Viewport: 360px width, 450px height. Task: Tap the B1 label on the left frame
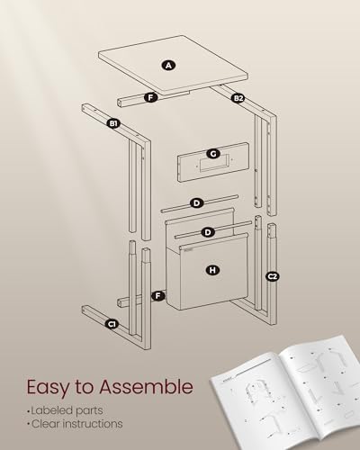click(x=114, y=121)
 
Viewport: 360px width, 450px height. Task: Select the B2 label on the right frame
click(x=238, y=97)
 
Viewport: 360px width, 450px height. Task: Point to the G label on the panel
click(x=212, y=153)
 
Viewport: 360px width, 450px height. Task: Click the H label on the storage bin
click(x=212, y=269)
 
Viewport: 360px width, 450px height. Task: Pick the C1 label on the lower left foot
click(x=113, y=323)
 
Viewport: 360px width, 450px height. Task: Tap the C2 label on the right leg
click(x=273, y=276)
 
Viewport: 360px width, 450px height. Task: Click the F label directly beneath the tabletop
click(x=150, y=96)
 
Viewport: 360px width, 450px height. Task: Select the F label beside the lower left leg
click(x=158, y=295)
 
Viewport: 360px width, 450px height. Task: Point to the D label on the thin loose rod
click(x=195, y=202)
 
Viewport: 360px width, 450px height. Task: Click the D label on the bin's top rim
click(x=208, y=232)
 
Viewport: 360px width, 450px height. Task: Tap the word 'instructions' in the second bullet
click(x=94, y=424)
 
